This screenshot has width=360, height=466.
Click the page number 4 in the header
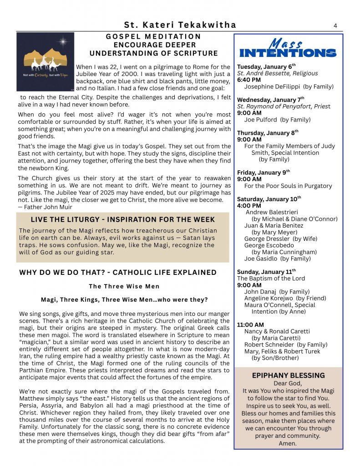335,25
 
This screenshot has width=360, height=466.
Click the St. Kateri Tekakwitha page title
180,25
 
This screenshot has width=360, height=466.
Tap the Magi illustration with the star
45,62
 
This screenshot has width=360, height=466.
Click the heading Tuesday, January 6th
266,66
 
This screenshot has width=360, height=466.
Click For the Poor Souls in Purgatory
288,186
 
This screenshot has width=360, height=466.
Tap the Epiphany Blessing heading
288,375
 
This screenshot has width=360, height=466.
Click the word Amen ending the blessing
288,443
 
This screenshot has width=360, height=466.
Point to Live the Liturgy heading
123,220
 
